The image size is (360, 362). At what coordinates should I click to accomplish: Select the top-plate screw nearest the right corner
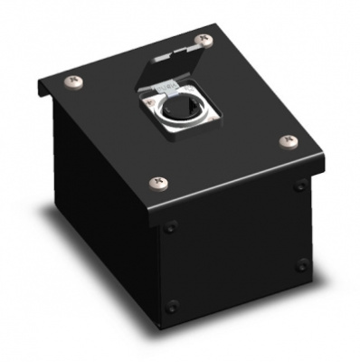290,140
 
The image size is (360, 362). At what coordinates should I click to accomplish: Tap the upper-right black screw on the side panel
299,186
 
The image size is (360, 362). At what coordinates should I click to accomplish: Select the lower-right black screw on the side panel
302,264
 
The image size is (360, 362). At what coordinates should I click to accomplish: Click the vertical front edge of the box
153,271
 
